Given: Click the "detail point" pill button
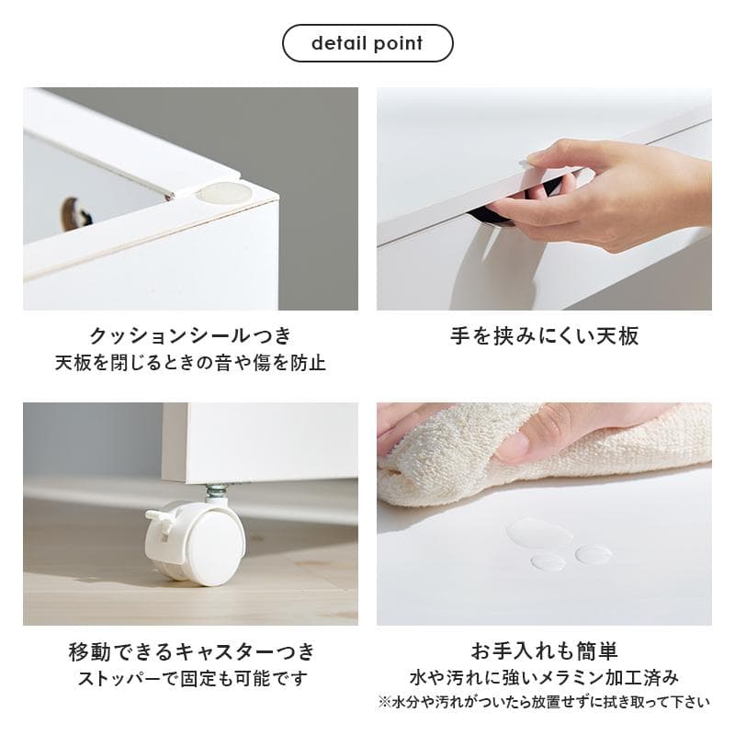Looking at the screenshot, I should pyautogui.click(x=367, y=43).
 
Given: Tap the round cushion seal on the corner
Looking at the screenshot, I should pyautogui.click(x=225, y=193).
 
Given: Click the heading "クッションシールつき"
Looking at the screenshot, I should pyautogui.click(x=190, y=335).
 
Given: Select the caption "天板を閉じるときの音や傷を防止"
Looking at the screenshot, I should pyautogui.click(x=190, y=362).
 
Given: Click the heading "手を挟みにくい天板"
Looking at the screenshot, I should pyautogui.click(x=544, y=335).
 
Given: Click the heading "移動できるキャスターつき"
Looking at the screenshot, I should pyautogui.click(x=191, y=652).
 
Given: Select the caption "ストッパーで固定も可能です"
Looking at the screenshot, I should pyautogui.click(x=191, y=680).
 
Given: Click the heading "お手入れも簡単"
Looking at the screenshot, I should pyautogui.click(x=544, y=652).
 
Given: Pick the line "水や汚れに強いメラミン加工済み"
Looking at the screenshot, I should pyautogui.click(x=544, y=678).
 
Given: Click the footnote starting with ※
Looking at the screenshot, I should pyautogui.click(x=544, y=703).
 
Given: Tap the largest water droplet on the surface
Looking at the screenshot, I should pyautogui.click(x=538, y=532).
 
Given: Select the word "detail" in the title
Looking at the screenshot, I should pyautogui.click(x=337, y=43).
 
